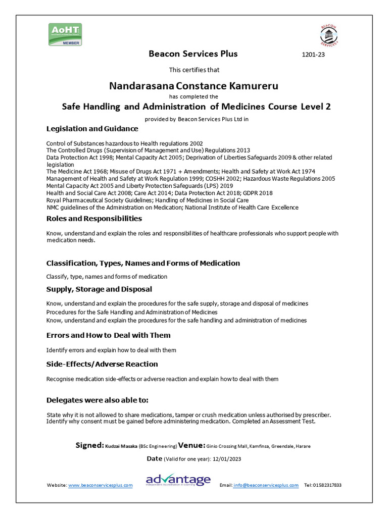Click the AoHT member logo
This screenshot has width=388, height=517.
tap(65, 34)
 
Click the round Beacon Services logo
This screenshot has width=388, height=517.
tap(329, 35)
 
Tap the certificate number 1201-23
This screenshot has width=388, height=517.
tap(313, 55)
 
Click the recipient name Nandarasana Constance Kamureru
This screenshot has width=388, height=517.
tap(193, 86)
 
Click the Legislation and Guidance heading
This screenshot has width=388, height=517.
tap(92, 129)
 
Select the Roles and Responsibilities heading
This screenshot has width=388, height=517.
tap(94, 219)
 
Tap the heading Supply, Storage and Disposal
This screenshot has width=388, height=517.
tap(99, 289)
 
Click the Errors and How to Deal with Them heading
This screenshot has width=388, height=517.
tap(108, 335)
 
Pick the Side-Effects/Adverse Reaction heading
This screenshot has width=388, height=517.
tap(102, 364)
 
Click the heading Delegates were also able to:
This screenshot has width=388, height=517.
tap(98, 400)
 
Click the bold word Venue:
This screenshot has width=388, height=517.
tap(191, 445)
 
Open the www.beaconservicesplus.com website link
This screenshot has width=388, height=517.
tap(100, 485)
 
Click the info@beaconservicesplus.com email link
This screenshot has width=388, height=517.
tap(266, 485)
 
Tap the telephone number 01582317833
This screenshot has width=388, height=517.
tap(327, 485)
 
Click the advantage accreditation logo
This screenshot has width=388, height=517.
tap(178, 480)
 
